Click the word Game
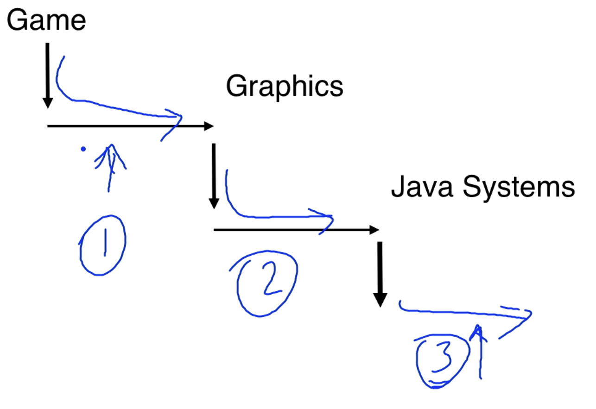(x=46, y=20)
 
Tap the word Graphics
(x=285, y=87)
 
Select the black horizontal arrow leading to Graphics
(x=130, y=126)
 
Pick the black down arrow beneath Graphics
(x=214, y=176)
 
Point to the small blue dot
(x=83, y=149)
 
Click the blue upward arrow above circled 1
(x=110, y=167)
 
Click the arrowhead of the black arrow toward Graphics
(x=209, y=126)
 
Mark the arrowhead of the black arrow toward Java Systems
(x=374, y=229)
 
